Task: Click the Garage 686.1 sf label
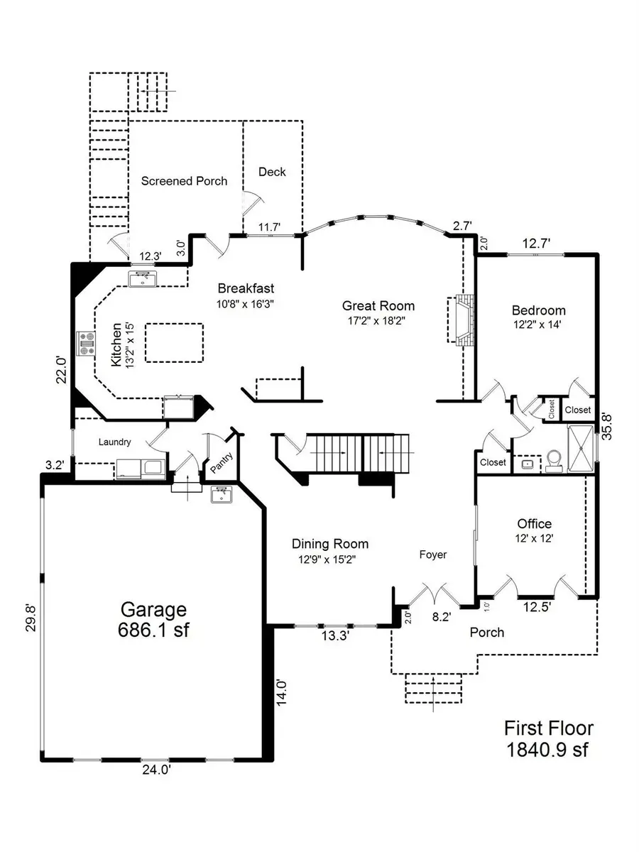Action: [x=153, y=619]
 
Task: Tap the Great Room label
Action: [x=378, y=313]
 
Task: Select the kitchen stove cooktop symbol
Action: [x=87, y=344]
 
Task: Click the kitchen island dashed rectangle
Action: [x=174, y=343]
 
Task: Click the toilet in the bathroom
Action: [x=554, y=461]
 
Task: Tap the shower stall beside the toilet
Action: [x=581, y=448]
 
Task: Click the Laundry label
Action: [x=114, y=442]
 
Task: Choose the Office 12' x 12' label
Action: [x=535, y=531]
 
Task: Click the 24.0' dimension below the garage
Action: [x=153, y=769]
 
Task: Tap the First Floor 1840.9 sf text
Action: [x=548, y=738]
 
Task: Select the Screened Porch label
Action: [x=184, y=181]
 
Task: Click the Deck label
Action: [x=272, y=172]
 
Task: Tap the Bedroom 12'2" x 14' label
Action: [x=539, y=317]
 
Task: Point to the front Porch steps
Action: [x=433, y=689]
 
